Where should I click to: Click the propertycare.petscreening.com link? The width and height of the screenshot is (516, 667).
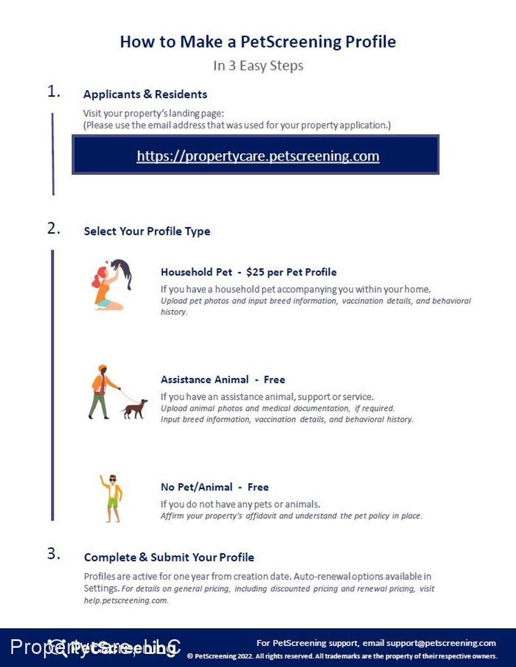click(258, 156)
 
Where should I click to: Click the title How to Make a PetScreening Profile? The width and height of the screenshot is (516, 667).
click(257, 42)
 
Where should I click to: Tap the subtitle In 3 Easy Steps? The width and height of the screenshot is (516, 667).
click(258, 65)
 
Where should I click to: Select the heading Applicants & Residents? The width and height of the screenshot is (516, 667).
click(145, 94)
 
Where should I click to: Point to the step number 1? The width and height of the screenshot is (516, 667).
click(54, 92)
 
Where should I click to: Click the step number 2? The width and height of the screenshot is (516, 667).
click(54, 229)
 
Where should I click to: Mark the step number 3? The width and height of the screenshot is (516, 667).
click(54, 553)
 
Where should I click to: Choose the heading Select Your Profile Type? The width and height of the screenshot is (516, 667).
click(147, 232)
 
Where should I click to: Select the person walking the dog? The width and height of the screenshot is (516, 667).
click(101, 392)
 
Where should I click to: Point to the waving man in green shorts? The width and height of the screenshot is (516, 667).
click(111, 498)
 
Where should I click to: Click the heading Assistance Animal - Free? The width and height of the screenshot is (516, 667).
click(223, 380)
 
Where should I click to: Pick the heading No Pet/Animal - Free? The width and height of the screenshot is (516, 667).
click(215, 487)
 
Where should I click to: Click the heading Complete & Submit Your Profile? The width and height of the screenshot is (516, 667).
click(169, 557)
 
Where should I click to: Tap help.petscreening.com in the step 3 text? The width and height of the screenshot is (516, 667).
click(126, 600)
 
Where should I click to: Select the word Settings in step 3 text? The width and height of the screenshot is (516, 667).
click(101, 589)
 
